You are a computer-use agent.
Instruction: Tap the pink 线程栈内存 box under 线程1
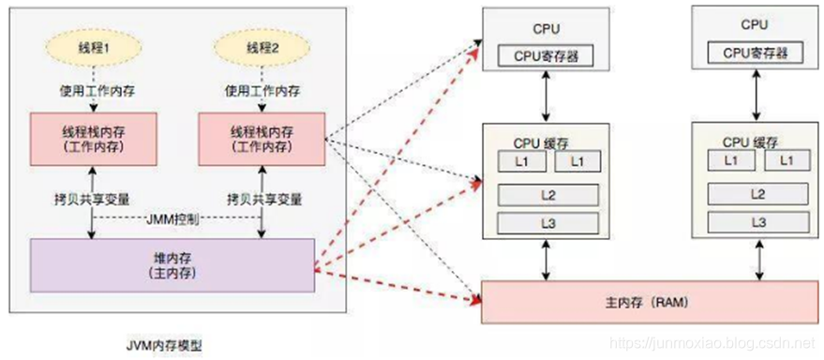pyautogui.click(x=91, y=137)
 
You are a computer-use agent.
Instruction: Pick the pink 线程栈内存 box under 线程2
pyautogui.click(x=262, y=137)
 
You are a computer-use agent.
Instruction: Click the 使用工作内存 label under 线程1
pyautogui.click(x=91, y=92)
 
